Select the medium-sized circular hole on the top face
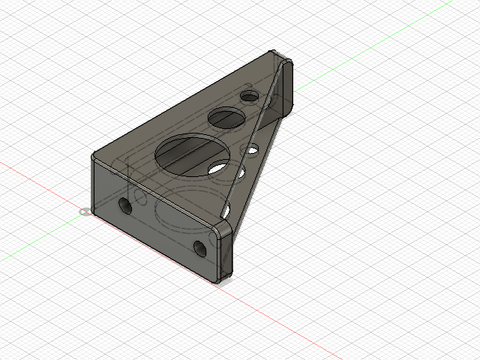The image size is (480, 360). click(227, 117)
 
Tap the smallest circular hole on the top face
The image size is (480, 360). click(249, 97)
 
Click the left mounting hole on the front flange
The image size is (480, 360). click(125, 205)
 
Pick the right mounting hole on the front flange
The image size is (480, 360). click(199, 248)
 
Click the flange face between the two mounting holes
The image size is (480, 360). click(161, 225)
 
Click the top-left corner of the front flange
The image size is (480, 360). click(93, 157)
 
